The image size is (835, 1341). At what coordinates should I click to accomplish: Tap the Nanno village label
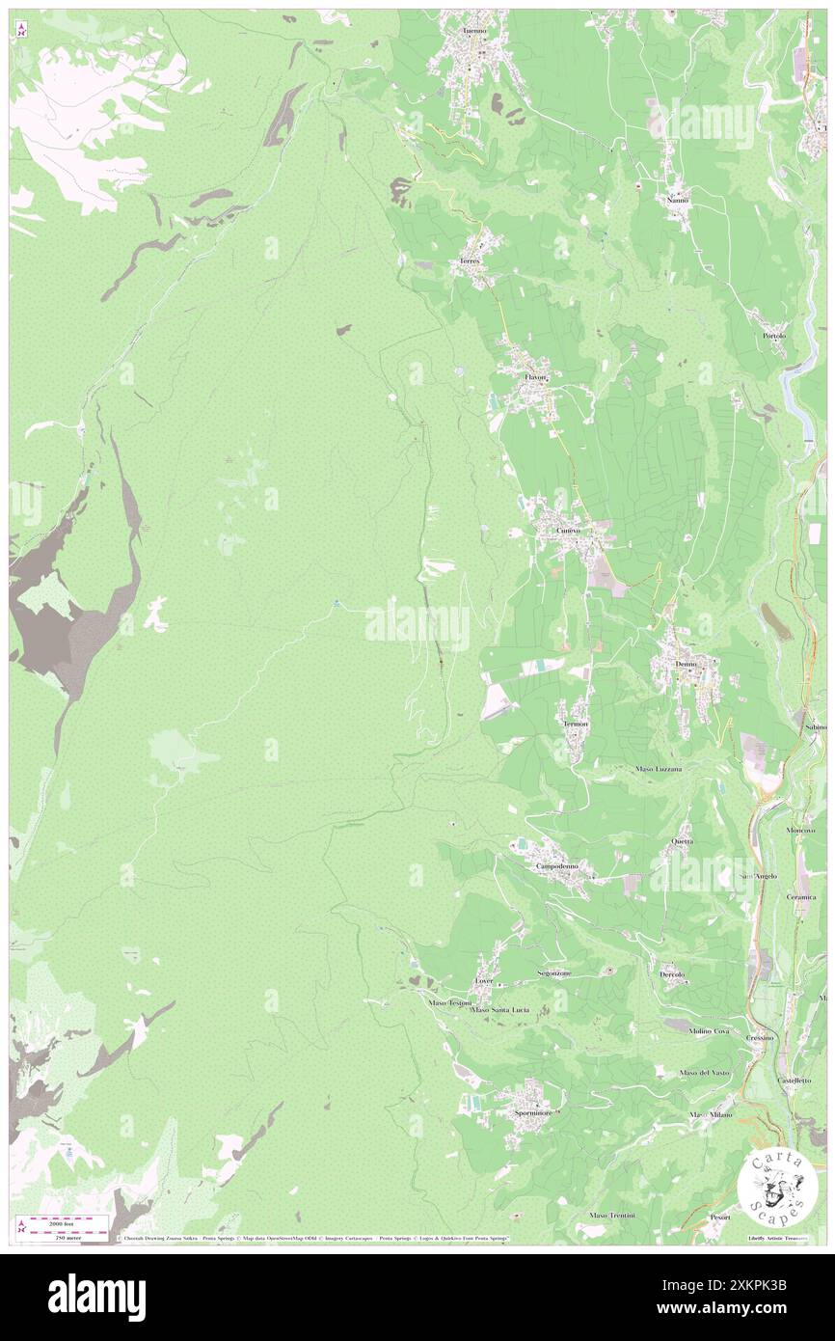click(x=678, y=200)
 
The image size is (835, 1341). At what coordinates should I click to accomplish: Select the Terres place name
click(x=470, y=261)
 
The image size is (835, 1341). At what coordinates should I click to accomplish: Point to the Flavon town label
click(x=535, y=377)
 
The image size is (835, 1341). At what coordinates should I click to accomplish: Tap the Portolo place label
click(x=774, y=336)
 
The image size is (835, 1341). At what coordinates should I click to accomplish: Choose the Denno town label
click(x=686, y=665)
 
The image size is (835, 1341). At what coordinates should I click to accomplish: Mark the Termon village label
click(x=576, y=724)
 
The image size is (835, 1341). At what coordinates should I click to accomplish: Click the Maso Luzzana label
click(x=659, y=769)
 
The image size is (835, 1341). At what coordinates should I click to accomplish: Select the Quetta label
click(x=683, y=841)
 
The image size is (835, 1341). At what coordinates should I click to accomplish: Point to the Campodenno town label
click(x=557, y=866)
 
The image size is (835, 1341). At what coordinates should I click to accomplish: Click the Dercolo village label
click(x=672, y=974)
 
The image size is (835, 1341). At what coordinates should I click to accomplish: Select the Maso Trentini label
click(x=612, y=1215)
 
